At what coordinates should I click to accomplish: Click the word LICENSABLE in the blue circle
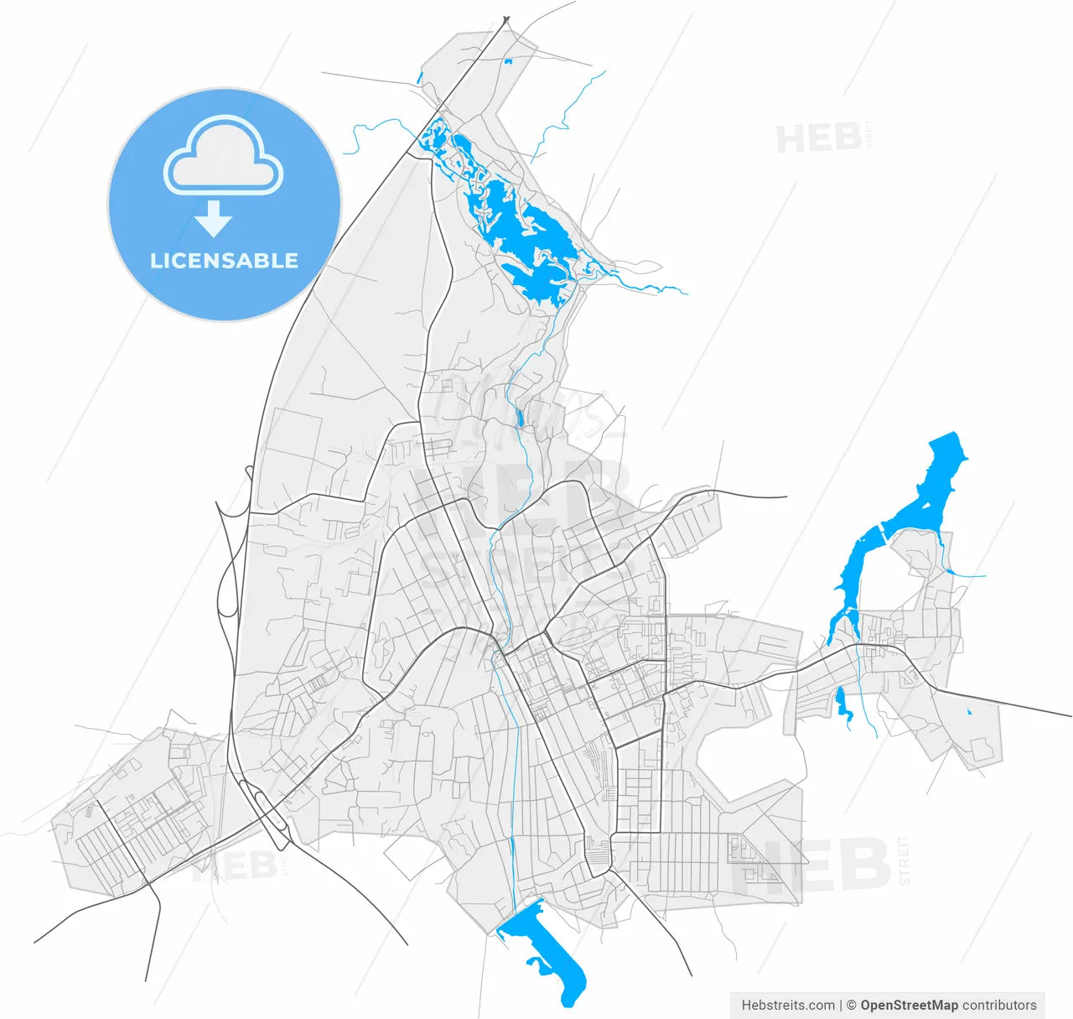point(224,261)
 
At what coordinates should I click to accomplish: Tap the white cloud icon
point(224,157)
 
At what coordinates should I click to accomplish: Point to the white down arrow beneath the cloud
point(214,219)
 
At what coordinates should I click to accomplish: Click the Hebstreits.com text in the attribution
point(788,1005)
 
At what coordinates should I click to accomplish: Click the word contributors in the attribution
point(999,1005)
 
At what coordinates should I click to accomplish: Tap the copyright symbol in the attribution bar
point(851,1005)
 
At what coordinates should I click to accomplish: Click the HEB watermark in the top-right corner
point(818,138)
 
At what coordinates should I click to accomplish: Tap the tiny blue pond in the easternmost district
point(969,712)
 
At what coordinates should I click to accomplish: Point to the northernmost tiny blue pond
point(507,61)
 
